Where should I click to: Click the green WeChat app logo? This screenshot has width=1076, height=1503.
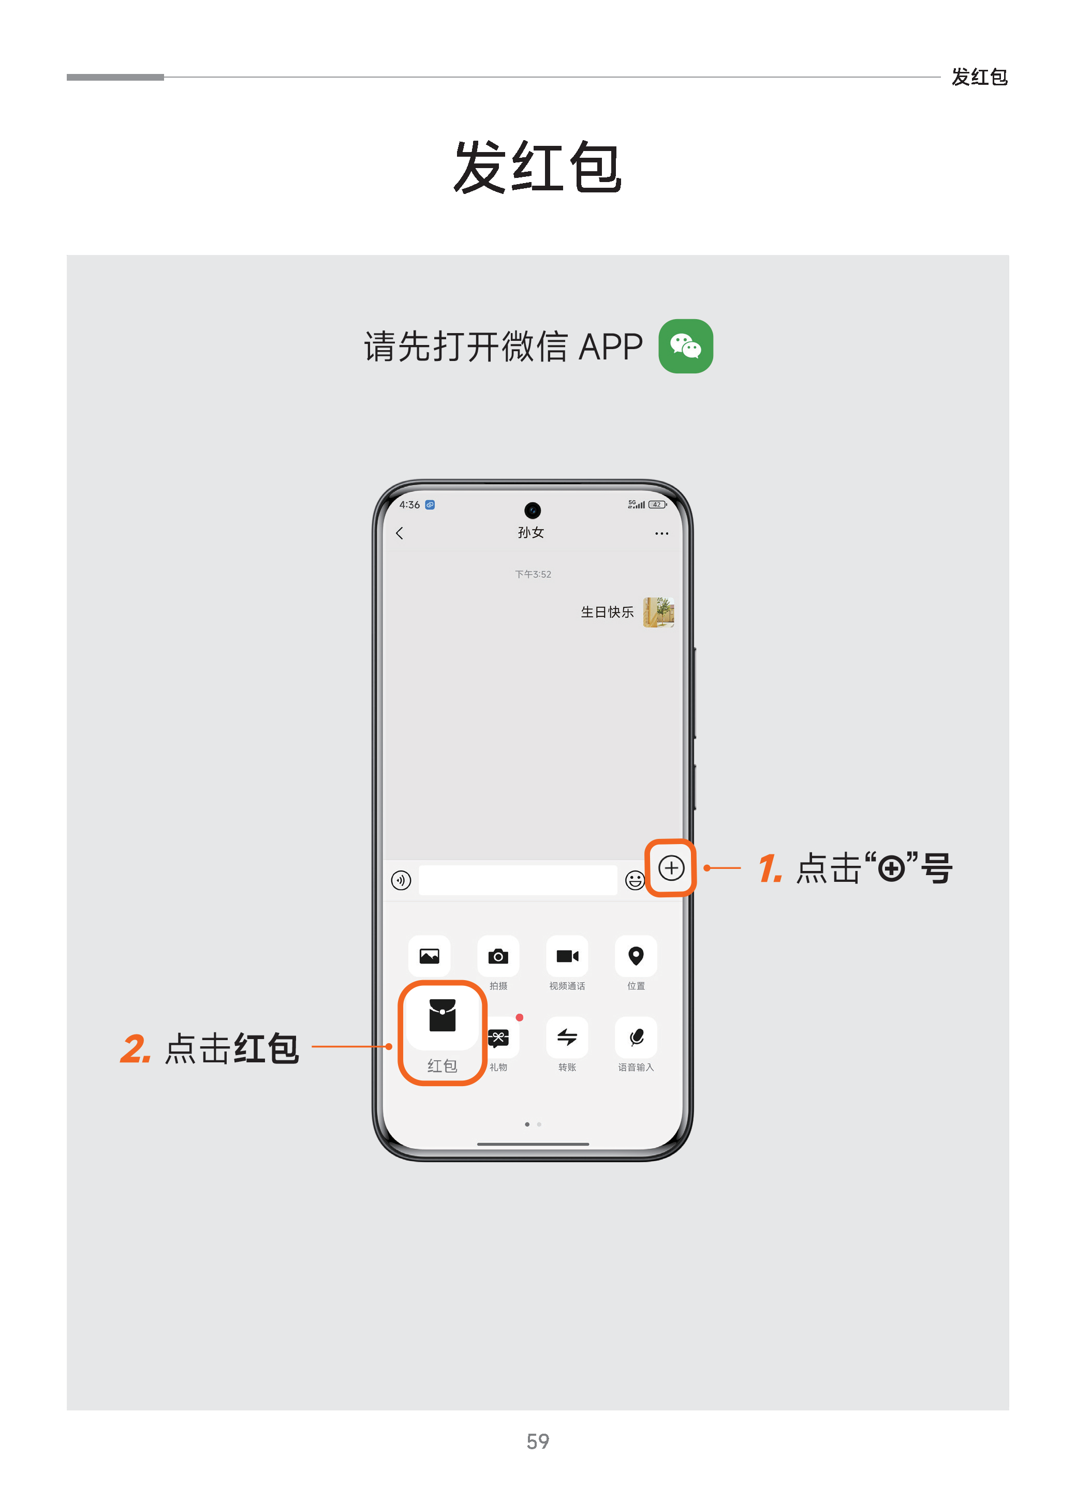coord(685,347)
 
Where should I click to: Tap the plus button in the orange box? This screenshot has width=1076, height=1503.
coord(671,867)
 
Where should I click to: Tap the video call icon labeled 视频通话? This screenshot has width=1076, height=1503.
coord(567,956)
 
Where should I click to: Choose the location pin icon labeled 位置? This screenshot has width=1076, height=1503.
coord(636,956)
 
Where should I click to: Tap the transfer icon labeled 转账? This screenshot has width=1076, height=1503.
coord(567,1037)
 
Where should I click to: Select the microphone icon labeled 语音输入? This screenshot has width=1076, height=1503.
coord(636,1037)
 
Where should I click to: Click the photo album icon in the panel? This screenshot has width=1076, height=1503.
coord(430,956)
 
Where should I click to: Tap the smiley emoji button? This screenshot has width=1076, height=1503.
coord(635,880)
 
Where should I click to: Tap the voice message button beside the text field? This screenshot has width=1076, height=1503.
coord(401,880)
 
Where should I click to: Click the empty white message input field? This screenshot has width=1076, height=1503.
coord(518,880)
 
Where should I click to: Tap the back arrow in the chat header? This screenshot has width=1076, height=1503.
coord(400,533)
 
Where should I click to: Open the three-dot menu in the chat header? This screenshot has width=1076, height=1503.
coord(661,533)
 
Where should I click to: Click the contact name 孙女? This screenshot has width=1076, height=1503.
coord(530,532)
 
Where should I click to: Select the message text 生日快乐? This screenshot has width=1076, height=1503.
coord(607,612)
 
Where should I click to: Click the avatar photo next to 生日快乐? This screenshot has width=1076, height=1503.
coord(658,612)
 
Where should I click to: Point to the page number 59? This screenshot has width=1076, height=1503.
coord(537,1441)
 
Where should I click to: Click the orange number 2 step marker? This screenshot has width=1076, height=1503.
coord(135,1049)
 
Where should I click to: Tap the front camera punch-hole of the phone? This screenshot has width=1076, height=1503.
coord(532,510)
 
